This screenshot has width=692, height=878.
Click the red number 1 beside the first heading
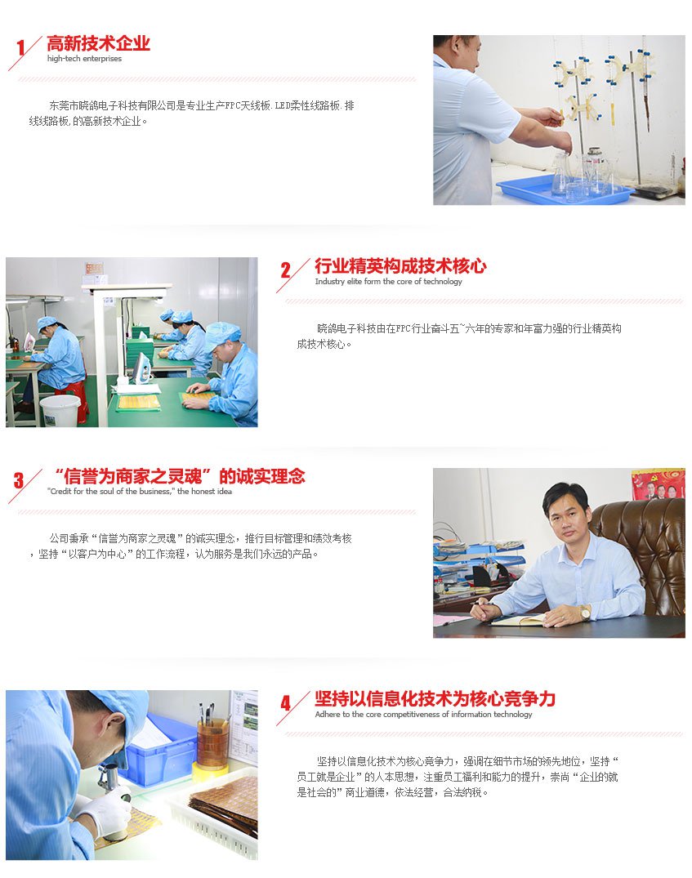tap(20, 47)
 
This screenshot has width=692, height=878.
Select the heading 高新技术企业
tap(98, 43)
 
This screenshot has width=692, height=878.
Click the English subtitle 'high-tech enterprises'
tap(84, 59)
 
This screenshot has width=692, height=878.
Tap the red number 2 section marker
tap(286, 270)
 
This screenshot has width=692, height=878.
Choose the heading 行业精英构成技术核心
tap(400, 266)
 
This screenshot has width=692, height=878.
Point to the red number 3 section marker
tap(19, 480)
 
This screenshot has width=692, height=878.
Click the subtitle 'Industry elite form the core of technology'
tap(388, 282)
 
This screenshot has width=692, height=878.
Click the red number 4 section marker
tap(286, 703)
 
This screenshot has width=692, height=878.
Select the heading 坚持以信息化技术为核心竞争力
tap(435, 699)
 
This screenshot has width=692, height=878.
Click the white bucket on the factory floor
tap(60, 411)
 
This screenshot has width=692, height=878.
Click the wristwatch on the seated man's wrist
tap(585, 613)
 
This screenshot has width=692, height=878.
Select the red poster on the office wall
tap(659, 484)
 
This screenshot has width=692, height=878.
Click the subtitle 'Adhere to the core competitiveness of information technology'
tap(423, 715)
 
